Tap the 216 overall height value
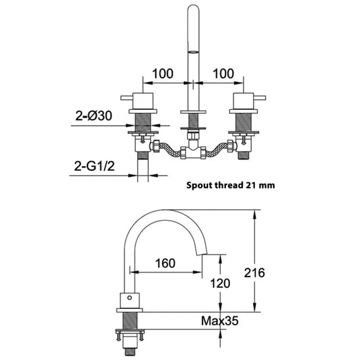273,273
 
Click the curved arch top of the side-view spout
161,214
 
